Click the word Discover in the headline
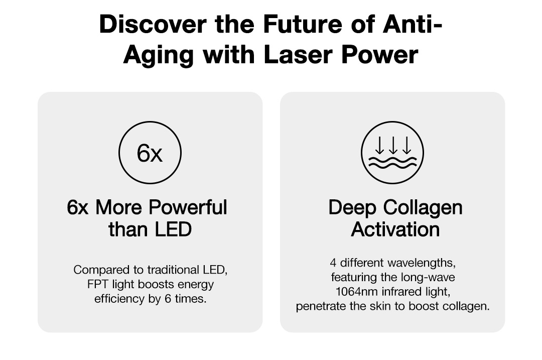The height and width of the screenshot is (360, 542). [x=153, y=24]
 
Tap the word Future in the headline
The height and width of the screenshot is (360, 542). [x=303, y=24]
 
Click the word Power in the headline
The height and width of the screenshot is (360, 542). [x=379, y=55]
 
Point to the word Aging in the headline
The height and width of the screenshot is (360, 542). [x=158, y=55]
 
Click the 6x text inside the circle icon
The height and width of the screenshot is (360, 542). [x=150, y=153]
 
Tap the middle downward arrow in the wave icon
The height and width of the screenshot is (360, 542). [x=393, y=145]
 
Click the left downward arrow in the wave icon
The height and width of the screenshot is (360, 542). [x=379, y=145]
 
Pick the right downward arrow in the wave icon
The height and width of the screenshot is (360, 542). [x=407, y=145]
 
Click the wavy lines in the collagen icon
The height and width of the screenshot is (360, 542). [x=392, y=163]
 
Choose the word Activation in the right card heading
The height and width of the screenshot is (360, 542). [x=395, y=229]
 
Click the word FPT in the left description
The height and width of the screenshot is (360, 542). [x=98, y=284]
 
